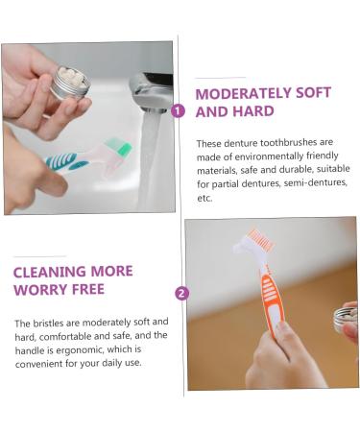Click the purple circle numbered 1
pyautogui.click(x=179, y=110)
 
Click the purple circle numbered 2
pyautogui.click(x=182, y=294)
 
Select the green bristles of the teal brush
pyautogui.click(x=119, y=146)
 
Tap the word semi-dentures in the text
pyautogui.click(x=310, y=182)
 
